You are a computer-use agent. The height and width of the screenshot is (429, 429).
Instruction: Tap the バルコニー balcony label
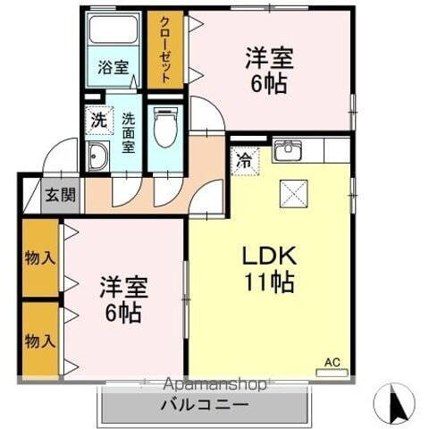pos(205,405)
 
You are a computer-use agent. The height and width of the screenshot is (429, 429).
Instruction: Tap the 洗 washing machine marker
pos(97,118)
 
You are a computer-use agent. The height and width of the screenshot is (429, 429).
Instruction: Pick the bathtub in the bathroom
pos(114,35)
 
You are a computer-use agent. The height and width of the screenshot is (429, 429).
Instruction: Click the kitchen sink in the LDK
pos(287,149)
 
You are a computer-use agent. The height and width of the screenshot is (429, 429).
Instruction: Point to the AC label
pos(332,361)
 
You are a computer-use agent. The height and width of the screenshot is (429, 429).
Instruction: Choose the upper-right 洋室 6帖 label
pos(268,68)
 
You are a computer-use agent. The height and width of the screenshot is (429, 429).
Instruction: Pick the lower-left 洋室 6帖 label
pos(122,300)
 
